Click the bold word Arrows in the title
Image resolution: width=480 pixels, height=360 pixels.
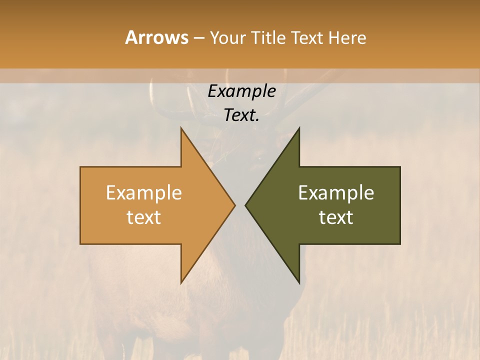pyautogui.click(x=156, y=37)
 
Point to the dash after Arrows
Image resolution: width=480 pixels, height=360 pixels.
pyautogui.click(x=198, y=38)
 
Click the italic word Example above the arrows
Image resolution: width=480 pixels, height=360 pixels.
pyautogui.click(x=242, y=91)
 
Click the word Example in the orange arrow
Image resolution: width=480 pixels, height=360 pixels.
pyautogui.click(x=144, y=192)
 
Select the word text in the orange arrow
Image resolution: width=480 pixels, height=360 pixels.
pyautogui.click(x=144, y=217)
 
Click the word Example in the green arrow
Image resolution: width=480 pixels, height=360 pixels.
pyautogui.click(x=336, y=192)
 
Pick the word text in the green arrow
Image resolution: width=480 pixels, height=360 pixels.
pyautogui.click(x=336, y=217)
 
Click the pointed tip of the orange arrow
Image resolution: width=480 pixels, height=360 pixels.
pyautogui.click(x=235, y=205)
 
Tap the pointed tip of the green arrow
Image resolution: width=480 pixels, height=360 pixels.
pyautogui.click(x=245, y=205)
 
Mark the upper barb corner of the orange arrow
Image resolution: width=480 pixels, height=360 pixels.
pyautogui.click(x=181, y=128)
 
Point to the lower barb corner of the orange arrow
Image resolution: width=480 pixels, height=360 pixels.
pyautogui.click(x=181, y=283)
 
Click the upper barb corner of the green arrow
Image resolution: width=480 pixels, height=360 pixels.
pyautogui.click(x=299, y=128)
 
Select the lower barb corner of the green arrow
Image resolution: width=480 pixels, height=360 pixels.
pyautogui.click(x=299, y=283)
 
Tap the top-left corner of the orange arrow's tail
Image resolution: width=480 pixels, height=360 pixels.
pyautogui.click(x=80, y=167)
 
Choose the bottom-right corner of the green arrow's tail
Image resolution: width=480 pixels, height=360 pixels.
pyautogui.click(x=400, y=244)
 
